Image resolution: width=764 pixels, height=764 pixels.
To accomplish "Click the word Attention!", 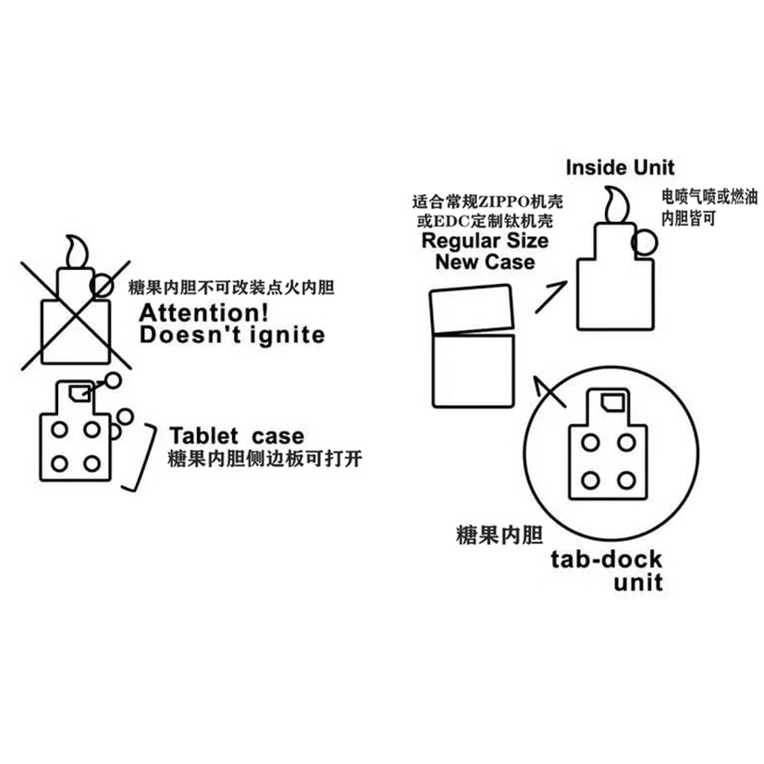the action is pyautogui.click(x=203, y=313).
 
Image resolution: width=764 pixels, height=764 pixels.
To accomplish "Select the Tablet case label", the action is pyautogui.click(x=237, y=436).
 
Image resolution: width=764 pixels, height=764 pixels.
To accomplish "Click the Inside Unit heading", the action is pyautogui.click(x=620, y=167).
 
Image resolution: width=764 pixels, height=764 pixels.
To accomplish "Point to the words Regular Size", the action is pyautogui.click(x=485, y=240).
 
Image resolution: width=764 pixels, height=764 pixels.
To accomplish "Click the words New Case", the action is pyautogui.click(x=485, y=262).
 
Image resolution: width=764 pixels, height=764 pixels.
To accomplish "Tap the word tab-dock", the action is pyautogui.click(x=606, y=560).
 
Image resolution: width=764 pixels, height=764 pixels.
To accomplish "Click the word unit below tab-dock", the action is pyautogui.click(x=638, y=583).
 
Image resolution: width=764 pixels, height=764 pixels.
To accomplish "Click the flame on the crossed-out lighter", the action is pyautogui.click(x=78, y=252).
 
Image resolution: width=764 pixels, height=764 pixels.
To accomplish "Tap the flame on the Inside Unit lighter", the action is pyautogui.click(x=617, y=204).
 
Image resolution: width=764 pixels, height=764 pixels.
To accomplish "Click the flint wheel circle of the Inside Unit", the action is pyautogui.click(x=645, y=242).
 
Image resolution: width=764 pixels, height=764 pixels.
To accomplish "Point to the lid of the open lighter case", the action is pyautogui.click(x=472, y=309).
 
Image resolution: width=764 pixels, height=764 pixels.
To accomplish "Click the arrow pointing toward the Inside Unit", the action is pyautogui.click(x=551, y=297).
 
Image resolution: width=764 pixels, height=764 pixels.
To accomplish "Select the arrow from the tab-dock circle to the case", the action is pyautogui.click(x=549, y=390).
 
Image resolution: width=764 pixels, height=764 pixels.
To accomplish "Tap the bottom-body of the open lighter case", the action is pyautogui.click(x=474, y=370).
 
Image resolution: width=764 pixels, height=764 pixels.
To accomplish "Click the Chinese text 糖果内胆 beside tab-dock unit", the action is pyautogui.click(x=499, y=535).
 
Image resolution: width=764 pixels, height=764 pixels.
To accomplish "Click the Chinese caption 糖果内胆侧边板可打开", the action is pyautogui.click(x=265, y=459).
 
